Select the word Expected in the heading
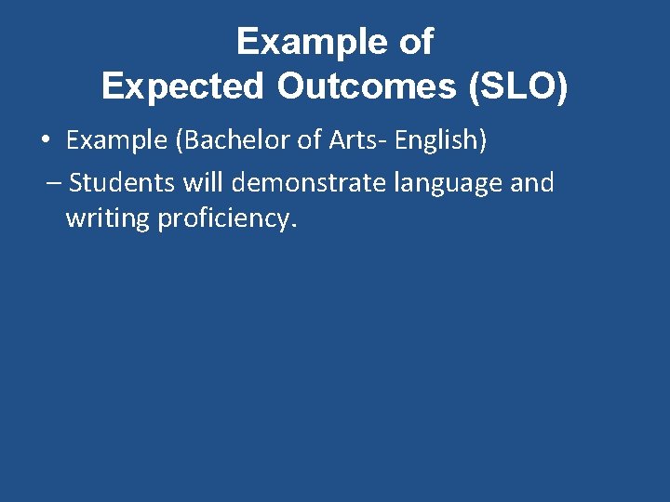[x=182, y=86]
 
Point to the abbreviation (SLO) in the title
[x=516, y=86]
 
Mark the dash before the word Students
[x=52, y=183]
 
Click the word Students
[x=122, y=182]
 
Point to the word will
[x=204, y=182]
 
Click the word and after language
[x=532, y=182]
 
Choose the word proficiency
[x=223, y=221]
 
